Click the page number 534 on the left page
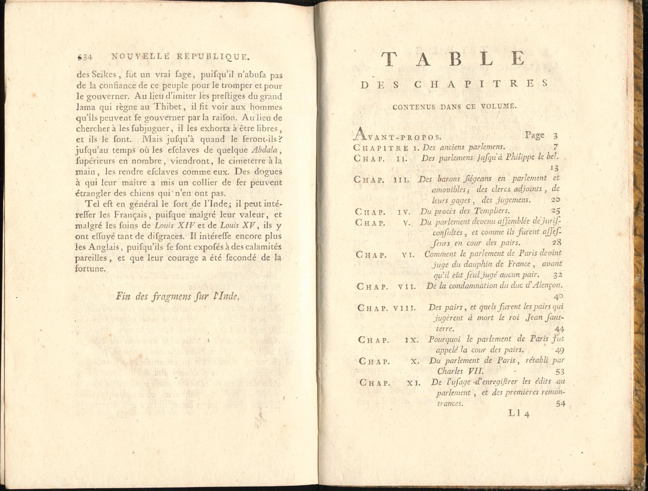[85, 57]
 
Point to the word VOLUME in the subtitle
[499, 106]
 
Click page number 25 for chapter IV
[556, 211]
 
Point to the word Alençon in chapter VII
[548, 285]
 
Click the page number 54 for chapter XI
[560, 404]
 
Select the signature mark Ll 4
[519, 414]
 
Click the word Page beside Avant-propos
[535, 135]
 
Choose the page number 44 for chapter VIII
[559, 329]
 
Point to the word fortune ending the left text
[90, 268]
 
